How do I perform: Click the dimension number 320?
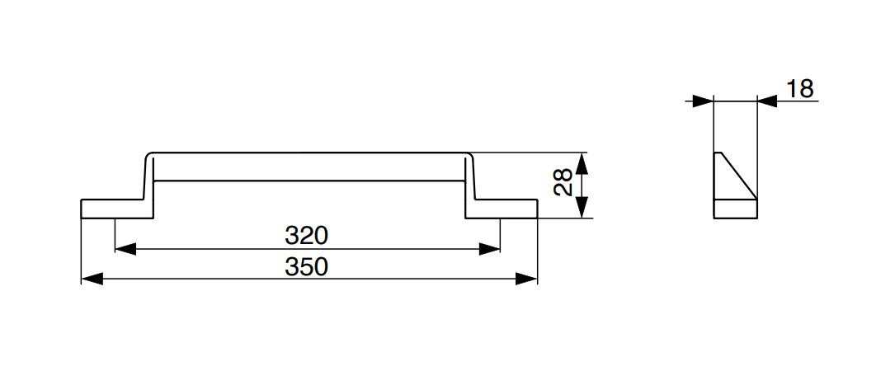tap(307, 236)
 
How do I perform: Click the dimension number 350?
tap(307, 267)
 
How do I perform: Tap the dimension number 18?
tap(800, 88)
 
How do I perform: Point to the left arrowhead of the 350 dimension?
tap(92, 279)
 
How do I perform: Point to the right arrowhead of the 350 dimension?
tap(528, 279)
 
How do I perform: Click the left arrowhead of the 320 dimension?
tap(125, 247)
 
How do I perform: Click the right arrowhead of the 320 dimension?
tap(491, 247)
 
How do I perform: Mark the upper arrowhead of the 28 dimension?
tap(582, 162)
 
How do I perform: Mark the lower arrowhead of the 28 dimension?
tap(582, 209)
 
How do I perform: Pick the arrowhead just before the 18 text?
tap(767, 101)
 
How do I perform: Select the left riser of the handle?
tap(149, 185)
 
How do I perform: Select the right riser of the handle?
tap(469, 185)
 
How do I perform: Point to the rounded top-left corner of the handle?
tap(148, 155)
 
